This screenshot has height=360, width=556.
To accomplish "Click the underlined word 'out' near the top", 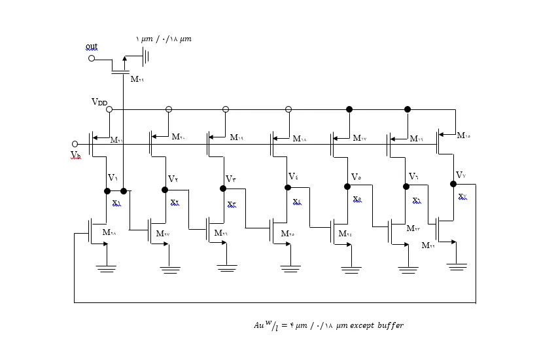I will pyautogui.click(x=92, y=46).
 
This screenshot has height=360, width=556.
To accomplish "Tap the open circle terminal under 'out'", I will pyautogui.click(x=92, y=58).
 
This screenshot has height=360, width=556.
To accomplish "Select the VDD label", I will pyautogui.click(x=99, y=102).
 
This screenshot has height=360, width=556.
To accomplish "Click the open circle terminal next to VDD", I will pyautogui.click(x=109, y=109).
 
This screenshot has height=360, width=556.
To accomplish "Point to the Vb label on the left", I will pyautogui.click(x=76, y=155).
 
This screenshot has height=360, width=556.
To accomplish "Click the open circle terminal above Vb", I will pyautogui.click(x=75, y=144).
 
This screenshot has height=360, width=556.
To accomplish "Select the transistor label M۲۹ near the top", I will pyautogui.click(x=137, y=79).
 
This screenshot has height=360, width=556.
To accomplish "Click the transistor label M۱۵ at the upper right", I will pyautogui.click(x=463, y=135).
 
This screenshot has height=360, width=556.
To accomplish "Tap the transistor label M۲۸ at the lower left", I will pyautogui.click(x=109, y=232).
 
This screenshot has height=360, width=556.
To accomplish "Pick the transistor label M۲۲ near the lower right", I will pyautogui.click(x=428, y=245).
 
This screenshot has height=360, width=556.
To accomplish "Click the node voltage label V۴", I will pyautogui.click(x=293, y=177).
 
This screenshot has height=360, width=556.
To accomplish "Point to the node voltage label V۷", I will pyautogui.click(x=460, y=175).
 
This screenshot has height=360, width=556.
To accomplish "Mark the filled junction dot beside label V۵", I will pyautogui.click(x=347, y=187).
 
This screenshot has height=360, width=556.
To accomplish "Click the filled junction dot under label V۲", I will pyautogui.click(x=165, y=190).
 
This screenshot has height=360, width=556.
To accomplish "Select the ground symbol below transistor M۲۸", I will pyautogui.click(x=106, y=268).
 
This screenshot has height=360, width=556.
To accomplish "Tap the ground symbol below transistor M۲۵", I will pyautogui.click(x=290, y=268).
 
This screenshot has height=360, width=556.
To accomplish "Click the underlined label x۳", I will pyautogui.click(x=232, y=204).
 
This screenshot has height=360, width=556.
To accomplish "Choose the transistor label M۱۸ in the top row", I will pyautogui.click(x=300, y=139).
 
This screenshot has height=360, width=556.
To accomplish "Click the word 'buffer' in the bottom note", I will pyautogui.click(x=390, y=325).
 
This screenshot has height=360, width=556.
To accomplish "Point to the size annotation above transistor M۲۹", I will pyautogui.click(x=164, y=39).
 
